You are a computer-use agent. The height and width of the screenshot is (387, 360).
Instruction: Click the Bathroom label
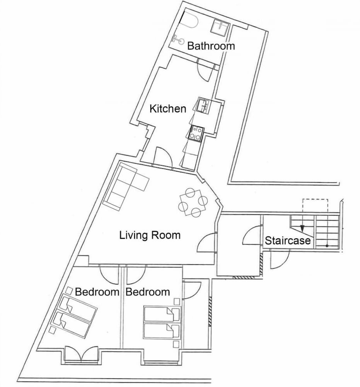[211, 46]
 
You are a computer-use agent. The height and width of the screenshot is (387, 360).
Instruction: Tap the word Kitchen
[168, 109]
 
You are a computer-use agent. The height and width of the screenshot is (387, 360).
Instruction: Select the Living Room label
[150, 235]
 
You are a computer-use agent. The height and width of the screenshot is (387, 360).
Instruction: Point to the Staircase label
[288, 240]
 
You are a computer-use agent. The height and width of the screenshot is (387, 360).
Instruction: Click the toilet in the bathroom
[178, 39]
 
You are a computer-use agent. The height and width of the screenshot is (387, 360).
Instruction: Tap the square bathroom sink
[220, 26]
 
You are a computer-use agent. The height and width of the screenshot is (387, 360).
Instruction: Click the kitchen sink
[203, 106]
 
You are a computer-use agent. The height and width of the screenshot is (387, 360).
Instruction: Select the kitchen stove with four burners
[196, 133]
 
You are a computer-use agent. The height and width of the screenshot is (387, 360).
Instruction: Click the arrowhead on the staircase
[302, 229]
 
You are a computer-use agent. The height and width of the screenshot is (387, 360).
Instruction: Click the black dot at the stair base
[327, 246]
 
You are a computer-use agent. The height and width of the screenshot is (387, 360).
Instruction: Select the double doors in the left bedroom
[81, 354]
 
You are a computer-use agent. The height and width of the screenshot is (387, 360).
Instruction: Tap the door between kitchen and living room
[162, 157]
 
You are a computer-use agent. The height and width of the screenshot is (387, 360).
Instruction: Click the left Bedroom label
[97, 292]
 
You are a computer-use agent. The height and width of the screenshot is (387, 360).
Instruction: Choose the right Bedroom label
[148, 292]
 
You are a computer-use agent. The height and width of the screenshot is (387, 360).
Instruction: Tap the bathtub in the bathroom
[188, 19]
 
